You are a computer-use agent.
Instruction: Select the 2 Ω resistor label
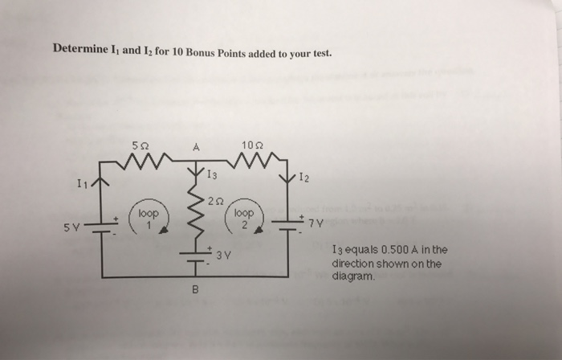point(212,202)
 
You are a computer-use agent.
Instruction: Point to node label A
point(195,146)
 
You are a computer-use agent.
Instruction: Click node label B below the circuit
point(195,289)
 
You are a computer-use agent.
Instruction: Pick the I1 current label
point(83,185)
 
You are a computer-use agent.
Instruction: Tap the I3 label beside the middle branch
point(211,174)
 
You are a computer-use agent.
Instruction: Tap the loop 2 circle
point(245,219)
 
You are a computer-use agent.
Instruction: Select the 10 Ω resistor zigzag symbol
point(251,164)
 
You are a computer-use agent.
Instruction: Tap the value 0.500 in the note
point(396,250)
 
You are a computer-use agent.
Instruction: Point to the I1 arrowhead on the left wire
point(100,182)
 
